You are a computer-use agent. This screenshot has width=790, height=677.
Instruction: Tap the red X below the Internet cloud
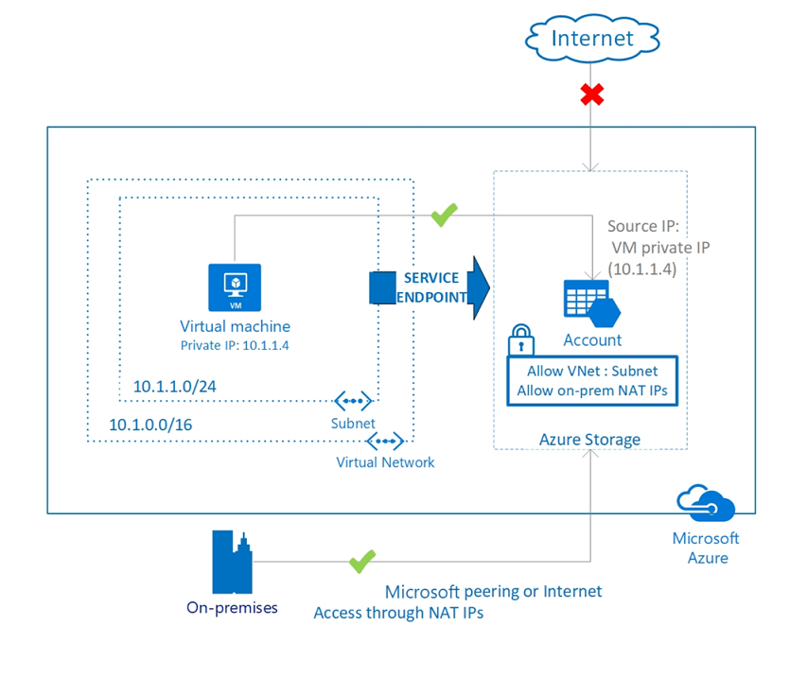(592, 95)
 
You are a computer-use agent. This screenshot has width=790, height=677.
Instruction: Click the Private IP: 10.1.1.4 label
(235, 345)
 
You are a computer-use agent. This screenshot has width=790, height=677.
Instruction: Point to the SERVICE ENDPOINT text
(431, 287)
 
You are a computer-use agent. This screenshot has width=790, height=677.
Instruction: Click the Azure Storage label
(589, 439)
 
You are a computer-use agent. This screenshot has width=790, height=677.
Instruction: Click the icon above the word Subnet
(354, 402)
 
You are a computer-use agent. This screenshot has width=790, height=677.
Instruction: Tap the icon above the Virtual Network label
(385, 441)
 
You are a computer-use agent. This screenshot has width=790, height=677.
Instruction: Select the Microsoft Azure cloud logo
(705, 503)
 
